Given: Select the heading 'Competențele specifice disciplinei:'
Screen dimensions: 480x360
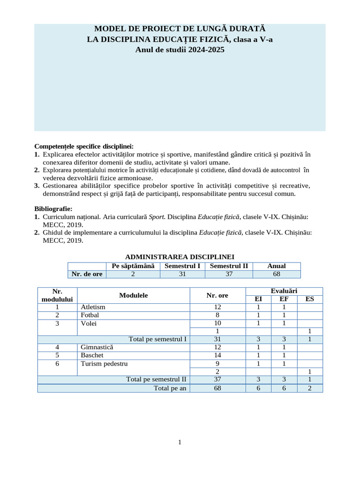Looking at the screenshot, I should pos(84,146).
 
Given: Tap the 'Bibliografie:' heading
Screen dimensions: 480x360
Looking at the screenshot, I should pos(53,209).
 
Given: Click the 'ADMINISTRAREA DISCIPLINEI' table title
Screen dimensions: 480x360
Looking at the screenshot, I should pos(180,257).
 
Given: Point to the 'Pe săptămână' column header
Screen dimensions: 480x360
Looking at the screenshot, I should pos(133,266).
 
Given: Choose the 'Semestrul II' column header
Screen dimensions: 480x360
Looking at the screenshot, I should pos(229,266).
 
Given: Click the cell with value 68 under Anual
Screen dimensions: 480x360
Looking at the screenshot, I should pos(276,274).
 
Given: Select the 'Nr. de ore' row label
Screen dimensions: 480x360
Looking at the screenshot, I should pos(87,274).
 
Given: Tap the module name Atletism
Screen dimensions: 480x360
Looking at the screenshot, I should pos(93,307).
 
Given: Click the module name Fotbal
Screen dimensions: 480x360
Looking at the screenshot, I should pos(90,315).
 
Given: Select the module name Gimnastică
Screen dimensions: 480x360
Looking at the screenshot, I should pos(97,347).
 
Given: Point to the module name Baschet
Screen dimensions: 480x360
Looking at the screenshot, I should pos(91,355).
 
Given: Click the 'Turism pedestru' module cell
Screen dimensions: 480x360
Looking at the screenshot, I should pos(104,363).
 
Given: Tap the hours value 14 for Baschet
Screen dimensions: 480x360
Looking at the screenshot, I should pos(217,355).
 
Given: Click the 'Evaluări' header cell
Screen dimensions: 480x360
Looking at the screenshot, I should pos(284,291).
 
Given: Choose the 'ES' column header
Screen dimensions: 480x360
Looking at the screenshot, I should pos(309,299).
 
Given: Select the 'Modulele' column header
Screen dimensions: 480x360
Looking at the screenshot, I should pos(133,295).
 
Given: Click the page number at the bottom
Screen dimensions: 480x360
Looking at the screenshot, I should pos(180,442).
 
